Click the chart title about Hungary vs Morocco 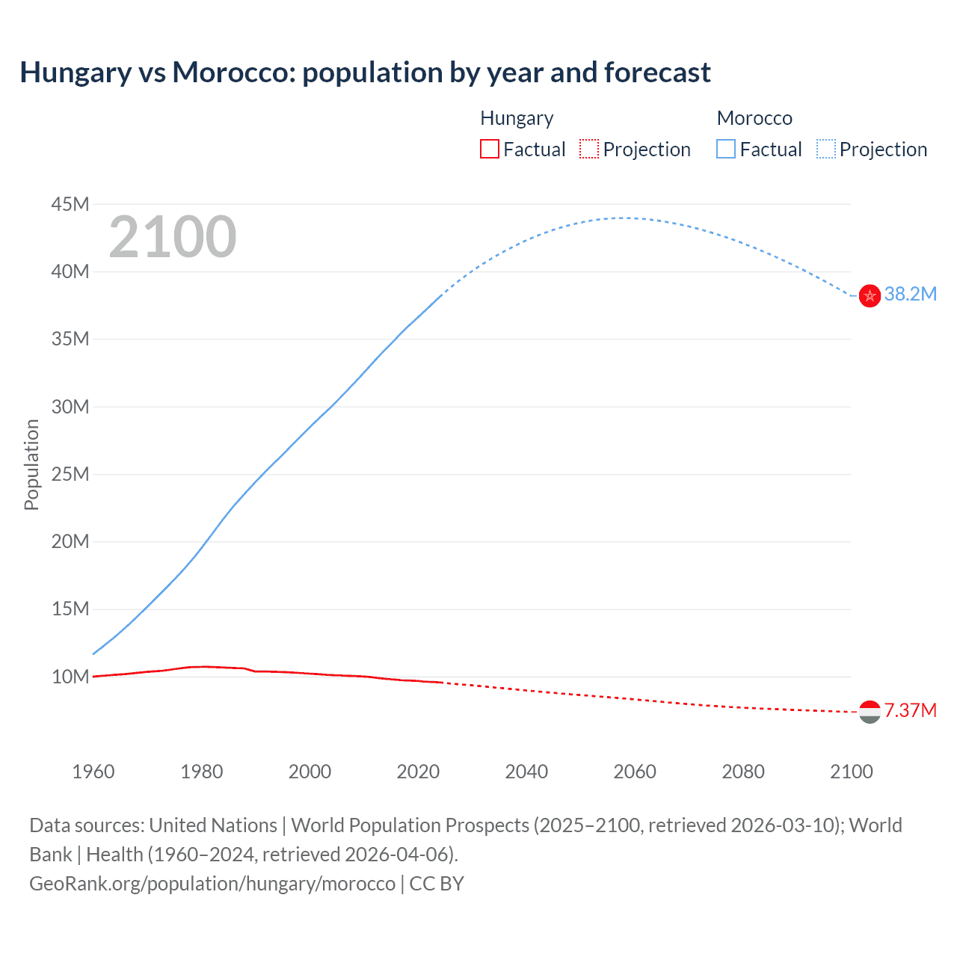click(x=365, y=73)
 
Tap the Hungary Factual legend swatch click(x=489, y=149)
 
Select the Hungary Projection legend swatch click(x=589, y=149)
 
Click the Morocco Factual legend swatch click(x=725, y=149)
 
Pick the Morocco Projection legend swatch click(x=825, y=149)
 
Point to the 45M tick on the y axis click(x=70, y=204)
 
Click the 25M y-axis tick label click(x=70, y=474)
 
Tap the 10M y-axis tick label click(x=70, y=677)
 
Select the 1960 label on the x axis click(x=93, y=772)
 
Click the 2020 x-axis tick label click(x=418, y=772)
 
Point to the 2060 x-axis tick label click(x=635, y=772)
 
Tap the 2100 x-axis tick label click(x=851, y=772)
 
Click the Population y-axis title click(x=31, y=464)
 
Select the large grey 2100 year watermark click(x=173, y=237)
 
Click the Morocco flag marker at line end click(x=870, y=296)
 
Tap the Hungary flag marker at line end click(x=870, y=712)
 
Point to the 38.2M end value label click(x=910, y=294)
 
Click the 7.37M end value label click(x=910, y=710)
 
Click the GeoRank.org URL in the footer click(x=212, y=884)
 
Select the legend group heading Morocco click(x=754, y=118)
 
